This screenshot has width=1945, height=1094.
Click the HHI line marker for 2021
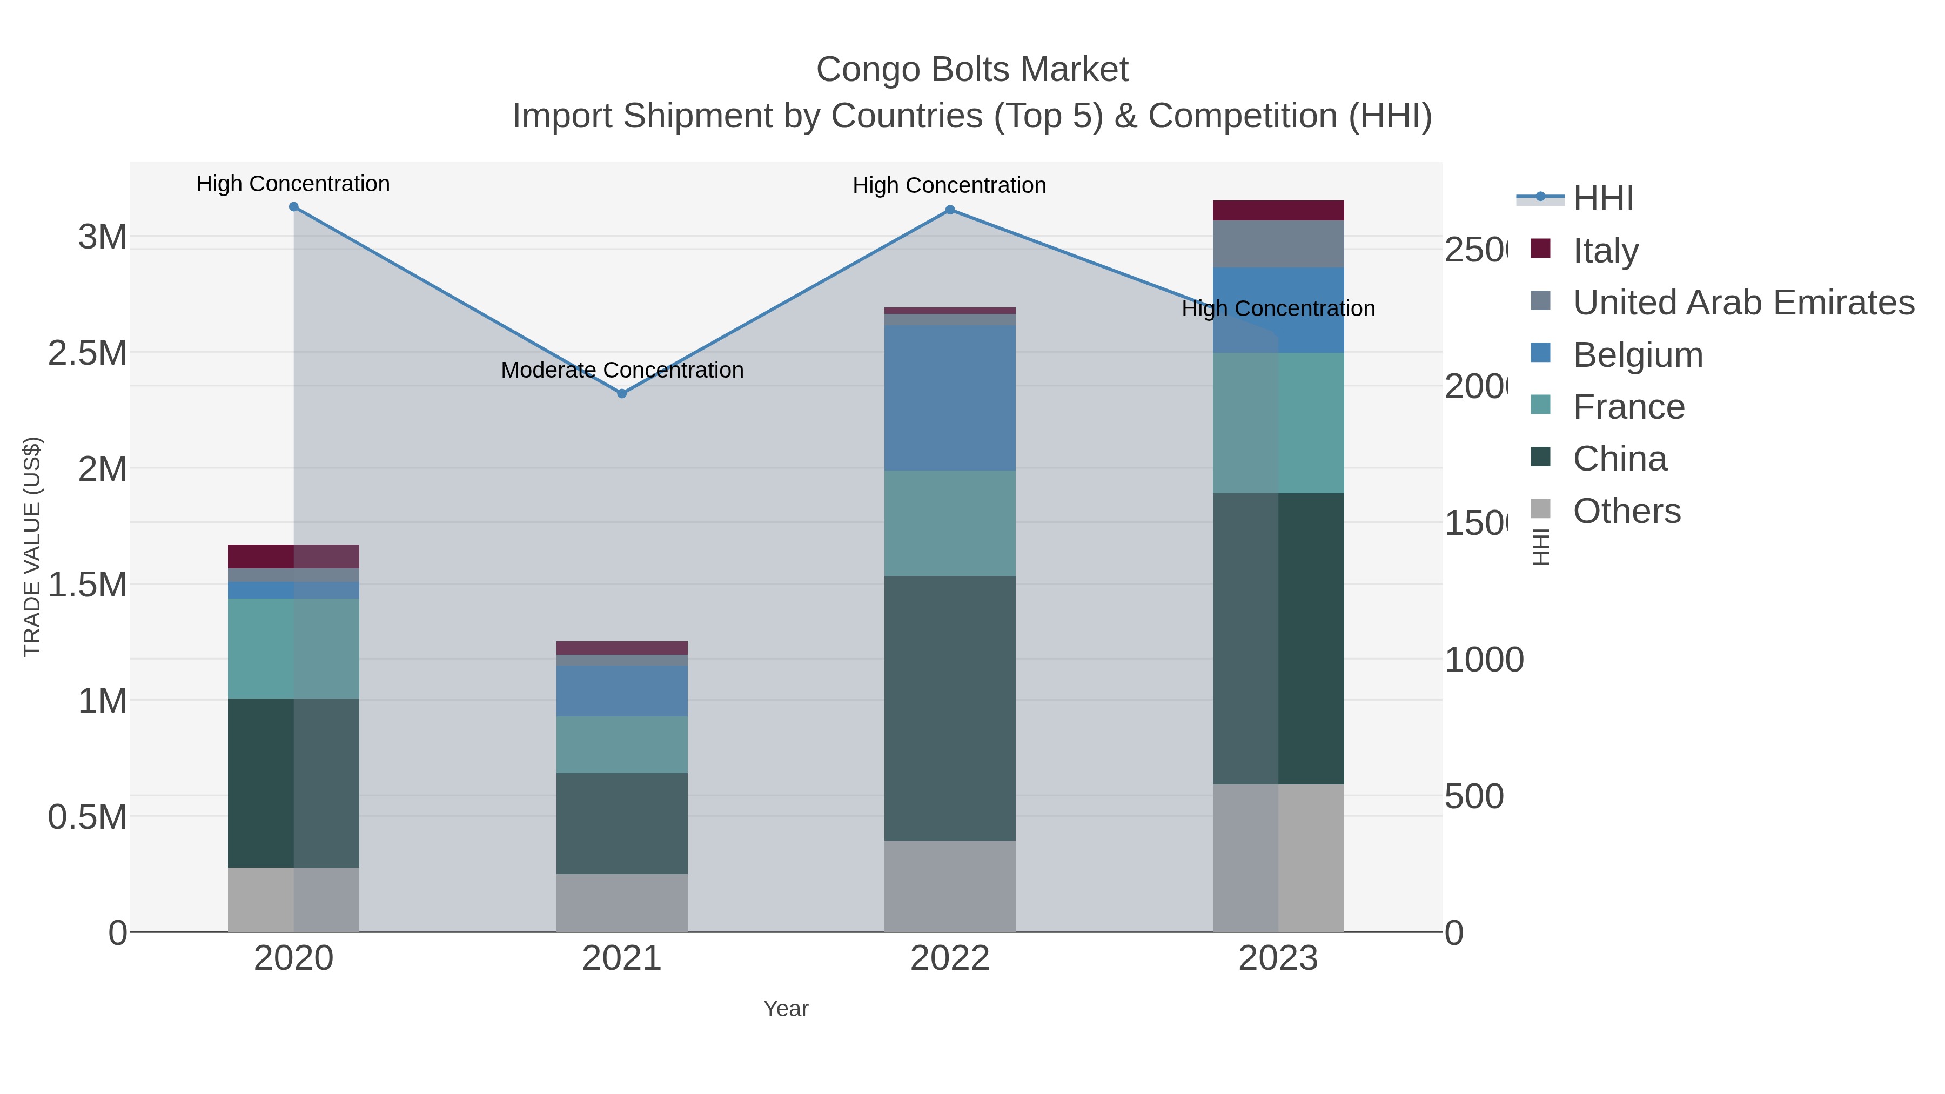pos(622,393)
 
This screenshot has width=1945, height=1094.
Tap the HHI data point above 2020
pos(294,207)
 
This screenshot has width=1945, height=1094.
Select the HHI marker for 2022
pos(950,210)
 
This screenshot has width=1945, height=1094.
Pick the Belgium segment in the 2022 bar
pos(950,398)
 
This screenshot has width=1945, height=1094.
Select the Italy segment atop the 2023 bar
pos(1278,211)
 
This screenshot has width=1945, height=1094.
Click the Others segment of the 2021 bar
pos(622,902)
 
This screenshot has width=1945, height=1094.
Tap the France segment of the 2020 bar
pos(294,648)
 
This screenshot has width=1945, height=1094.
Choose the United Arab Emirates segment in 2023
pos(1278,244)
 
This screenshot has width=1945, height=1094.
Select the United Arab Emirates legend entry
pos(1742,302)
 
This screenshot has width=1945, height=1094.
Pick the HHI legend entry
pos(1602,199)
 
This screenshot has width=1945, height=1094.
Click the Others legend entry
pos(1626,511)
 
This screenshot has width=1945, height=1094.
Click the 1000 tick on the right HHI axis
pos(1484,660)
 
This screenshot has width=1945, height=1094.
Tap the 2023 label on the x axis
pos(1278,958)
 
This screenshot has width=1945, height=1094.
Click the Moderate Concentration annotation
pos(622,370)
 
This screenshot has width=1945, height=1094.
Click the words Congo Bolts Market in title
pos(972,70)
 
